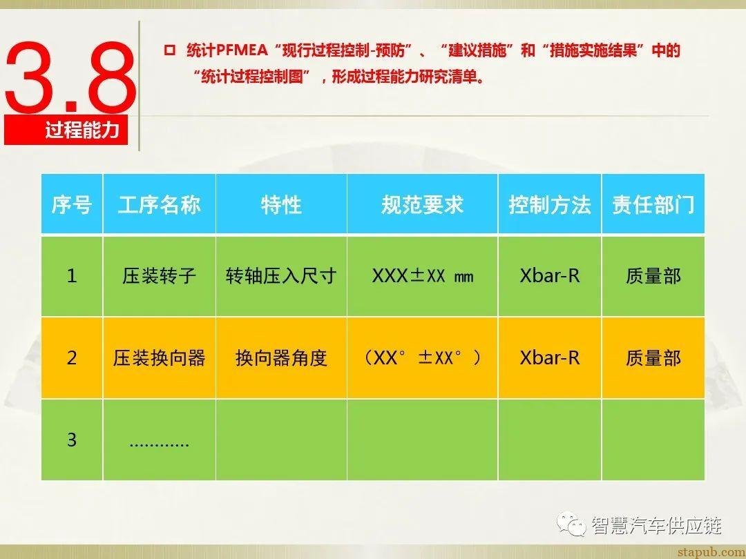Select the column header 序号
coord(72,204)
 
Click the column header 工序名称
coord(160,204)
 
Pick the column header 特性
coord(281,204)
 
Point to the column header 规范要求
coord(422,204)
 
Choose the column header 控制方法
coord(550,204)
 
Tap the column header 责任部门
coord(653,204)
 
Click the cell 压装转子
coord(160,276)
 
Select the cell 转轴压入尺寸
coord(281,276)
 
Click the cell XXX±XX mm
coord(422,276)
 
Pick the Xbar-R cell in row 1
coord(550,276)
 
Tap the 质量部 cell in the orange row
coord(653,357)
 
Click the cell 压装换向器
coord(160,357)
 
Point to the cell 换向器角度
coord(281,357)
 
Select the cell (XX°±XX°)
coord(422,357)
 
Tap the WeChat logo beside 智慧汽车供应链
coord(573,525)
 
